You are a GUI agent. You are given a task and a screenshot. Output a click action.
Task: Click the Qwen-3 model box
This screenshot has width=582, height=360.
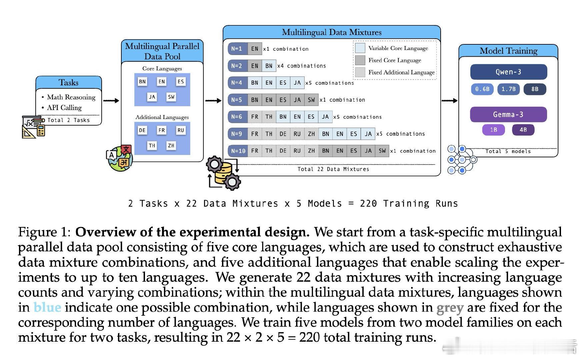tap(508, 72)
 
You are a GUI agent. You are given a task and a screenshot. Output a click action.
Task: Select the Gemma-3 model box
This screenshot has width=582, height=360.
tap(508, 115)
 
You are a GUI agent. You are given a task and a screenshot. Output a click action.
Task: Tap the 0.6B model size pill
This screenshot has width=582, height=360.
tap(482, 89)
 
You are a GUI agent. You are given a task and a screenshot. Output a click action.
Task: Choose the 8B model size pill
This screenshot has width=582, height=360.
tap(535, 89)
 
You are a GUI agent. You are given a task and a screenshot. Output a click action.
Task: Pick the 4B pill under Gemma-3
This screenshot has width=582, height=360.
tap(523, 130)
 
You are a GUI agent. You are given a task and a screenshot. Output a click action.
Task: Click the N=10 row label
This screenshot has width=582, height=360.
tap(238, 151)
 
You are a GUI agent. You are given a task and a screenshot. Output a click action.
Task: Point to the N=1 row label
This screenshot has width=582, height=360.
tap(237, 49)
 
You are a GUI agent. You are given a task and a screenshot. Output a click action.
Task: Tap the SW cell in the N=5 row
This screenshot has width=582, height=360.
tap(311, 100)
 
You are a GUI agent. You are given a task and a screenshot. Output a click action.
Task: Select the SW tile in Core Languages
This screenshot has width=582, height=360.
tap(171, 97)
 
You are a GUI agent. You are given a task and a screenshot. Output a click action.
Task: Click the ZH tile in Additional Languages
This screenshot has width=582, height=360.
tap(171, 146)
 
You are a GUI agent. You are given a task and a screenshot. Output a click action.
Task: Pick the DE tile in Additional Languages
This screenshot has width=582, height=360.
tap(142, 130)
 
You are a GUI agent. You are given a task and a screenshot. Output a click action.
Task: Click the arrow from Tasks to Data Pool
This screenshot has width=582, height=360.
tap(111, 100)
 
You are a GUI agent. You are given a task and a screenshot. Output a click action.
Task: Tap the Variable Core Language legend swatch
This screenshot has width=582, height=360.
tap(360, 48)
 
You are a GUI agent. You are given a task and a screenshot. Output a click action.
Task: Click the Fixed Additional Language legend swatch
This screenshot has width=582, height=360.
tap(360, 72)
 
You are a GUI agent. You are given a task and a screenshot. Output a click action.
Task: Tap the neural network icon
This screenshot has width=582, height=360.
tap(462, 160)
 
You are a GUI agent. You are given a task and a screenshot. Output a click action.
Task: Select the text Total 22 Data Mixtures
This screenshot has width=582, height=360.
tap(333, 169)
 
